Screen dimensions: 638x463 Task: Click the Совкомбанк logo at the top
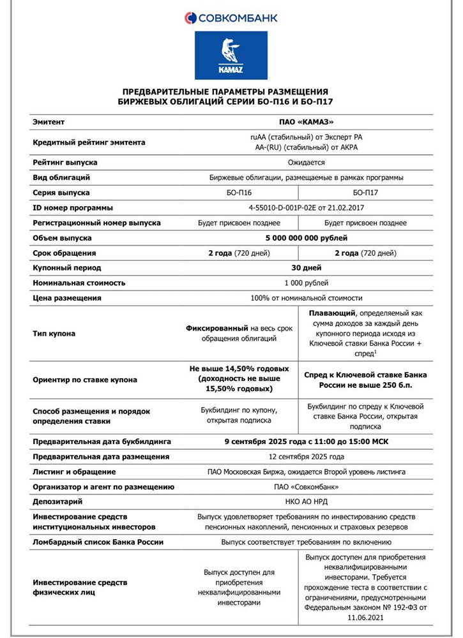tap(231, 18)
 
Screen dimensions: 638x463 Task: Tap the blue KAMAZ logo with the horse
tap(231, 56)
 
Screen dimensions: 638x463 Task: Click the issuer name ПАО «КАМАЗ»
tap(307, 121)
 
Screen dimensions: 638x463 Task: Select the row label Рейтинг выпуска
tap(65, 162)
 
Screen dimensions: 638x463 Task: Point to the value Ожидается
tap(307, 162)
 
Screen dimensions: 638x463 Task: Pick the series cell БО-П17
tap(365, 192)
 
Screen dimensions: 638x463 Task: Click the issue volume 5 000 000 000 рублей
tap(307, 238)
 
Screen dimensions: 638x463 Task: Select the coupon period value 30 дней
tap(307, 268)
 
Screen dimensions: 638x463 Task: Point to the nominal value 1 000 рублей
tap(307, 283)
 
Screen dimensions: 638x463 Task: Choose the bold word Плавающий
tap(331, 314)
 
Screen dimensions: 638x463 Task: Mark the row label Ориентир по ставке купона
tap(85, 380)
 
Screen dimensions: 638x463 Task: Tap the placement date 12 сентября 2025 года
tap(307, 456)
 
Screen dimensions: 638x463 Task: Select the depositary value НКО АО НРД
tap(307, 501)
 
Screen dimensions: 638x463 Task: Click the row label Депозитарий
tap(57, 501)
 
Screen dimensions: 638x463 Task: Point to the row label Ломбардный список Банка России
tap(98, 542)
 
